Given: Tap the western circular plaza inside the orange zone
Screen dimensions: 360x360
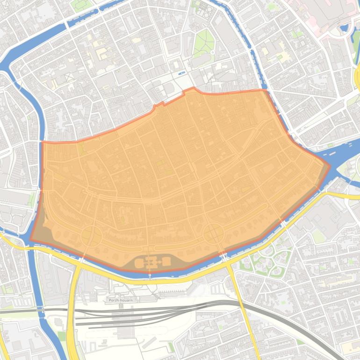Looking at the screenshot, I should pos(92,236).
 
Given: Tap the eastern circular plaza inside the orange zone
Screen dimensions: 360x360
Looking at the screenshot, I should pos(213,233).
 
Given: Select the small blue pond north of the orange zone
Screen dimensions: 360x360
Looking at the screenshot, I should pos(181,73).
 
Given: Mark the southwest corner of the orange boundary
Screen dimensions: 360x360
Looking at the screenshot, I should pos(31,240).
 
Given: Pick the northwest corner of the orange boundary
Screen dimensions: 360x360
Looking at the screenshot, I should pos(42,142).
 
